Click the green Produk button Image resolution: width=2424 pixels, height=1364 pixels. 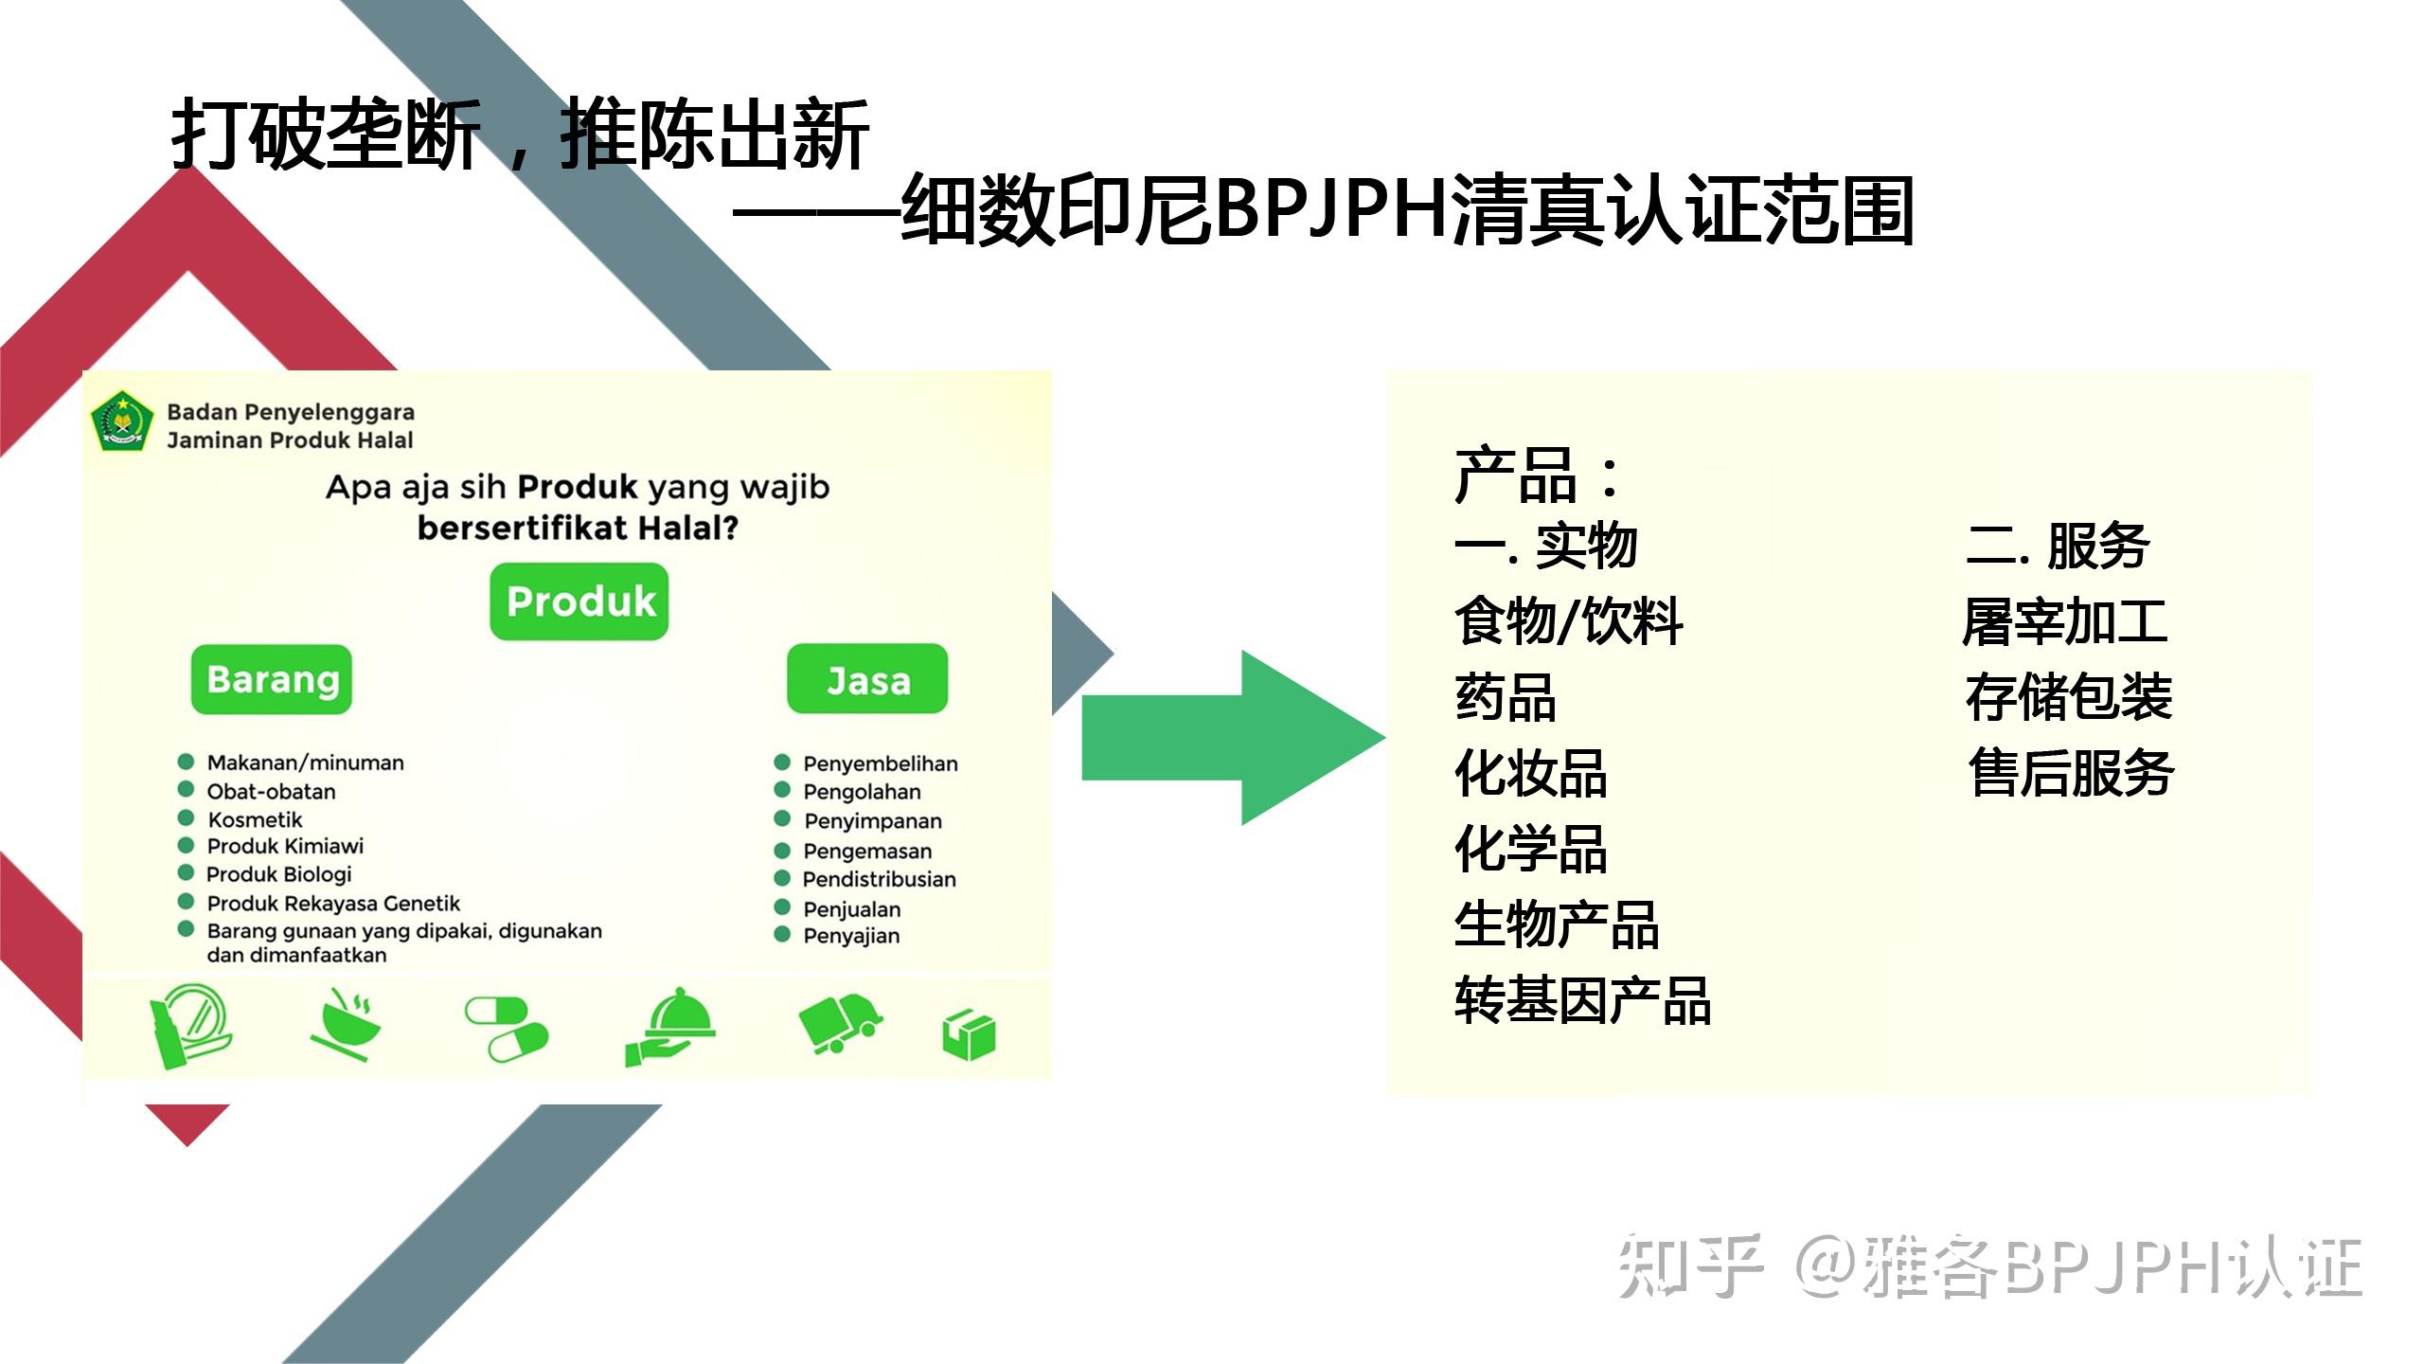point(579,602)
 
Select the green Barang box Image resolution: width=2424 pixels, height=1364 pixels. point(272,680)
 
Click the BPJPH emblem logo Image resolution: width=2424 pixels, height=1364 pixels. point(122,422)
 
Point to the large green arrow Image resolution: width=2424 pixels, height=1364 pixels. point(1231,737)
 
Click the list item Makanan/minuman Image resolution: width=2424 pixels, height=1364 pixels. point(305,763)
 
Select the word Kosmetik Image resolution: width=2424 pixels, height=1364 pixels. point(255,819)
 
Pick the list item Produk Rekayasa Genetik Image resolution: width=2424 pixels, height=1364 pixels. point(333,903)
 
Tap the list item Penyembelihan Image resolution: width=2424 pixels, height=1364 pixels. point(880,763)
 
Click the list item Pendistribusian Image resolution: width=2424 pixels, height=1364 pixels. point(879,879)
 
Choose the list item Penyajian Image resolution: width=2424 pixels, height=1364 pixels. point(851,936)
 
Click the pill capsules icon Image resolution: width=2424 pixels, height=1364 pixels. point(507,1029)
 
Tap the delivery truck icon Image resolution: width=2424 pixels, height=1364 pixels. point(839,1023)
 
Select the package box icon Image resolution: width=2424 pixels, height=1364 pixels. point(969,1034)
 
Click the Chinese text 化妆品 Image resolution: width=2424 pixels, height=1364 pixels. point(1531,773)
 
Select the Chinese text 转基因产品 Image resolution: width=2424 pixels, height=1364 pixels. point(1582,1000)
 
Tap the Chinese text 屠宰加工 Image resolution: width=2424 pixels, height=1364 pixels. point(2065,622)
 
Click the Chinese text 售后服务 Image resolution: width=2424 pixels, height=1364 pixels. point(2071,773)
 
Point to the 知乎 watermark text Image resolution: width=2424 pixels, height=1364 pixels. point(1690,1266)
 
